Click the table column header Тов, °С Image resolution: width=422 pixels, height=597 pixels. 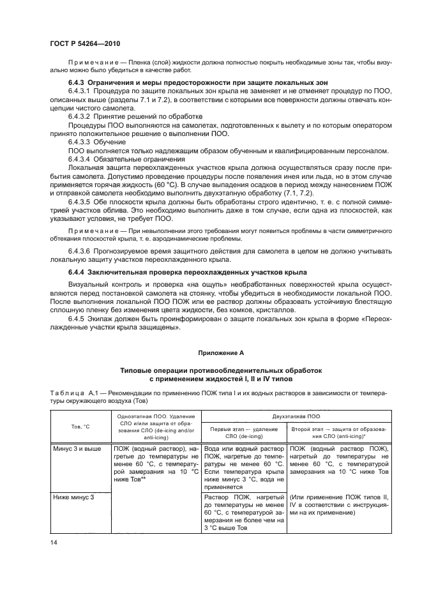79,427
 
